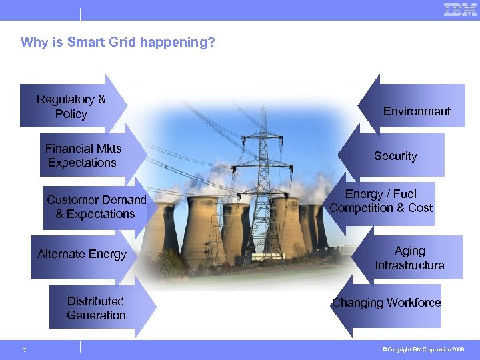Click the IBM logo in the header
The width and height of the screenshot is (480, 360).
click(x=460, y=10)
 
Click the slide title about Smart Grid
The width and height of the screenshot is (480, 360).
click(x=118, y=43)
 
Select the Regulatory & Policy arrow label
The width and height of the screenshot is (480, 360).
click(x=71, y=107)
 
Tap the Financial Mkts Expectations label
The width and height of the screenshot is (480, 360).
click(x=83, y=155)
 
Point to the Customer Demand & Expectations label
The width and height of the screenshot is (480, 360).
click(x=96, y=207)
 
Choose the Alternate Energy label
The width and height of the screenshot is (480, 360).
click(x=82, y=254)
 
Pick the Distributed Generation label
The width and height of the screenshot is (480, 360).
click(x=96, y=308)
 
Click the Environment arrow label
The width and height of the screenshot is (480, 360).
click(x=417, y=111)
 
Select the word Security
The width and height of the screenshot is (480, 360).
click(x=395, y=156)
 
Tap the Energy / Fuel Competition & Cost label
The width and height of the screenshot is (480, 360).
click(x=381, y=201)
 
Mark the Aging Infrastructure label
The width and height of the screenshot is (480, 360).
click(x=409, y=258)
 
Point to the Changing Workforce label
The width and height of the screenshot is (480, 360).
click(x=387, y=303)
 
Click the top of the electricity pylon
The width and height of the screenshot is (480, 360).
click(x=264, y=108)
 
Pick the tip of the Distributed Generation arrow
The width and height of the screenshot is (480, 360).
click(x=156, y=307)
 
